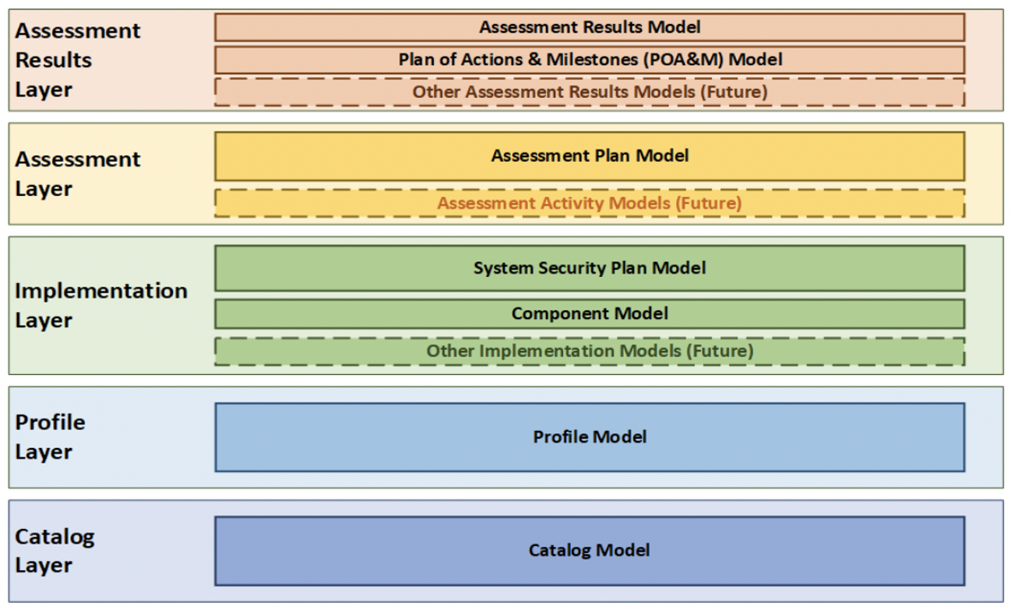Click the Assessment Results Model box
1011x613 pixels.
(590, 27)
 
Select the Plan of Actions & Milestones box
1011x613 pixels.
(590, 59)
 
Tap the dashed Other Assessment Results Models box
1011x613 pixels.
(590, 92)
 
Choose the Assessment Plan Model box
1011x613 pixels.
(590, 156)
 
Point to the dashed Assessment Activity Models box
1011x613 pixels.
(590, 203)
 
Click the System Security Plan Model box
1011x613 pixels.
(590, 268)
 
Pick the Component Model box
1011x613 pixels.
(590, 314)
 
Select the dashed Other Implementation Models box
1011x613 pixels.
(590, 351)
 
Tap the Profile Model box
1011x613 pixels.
(590, 437)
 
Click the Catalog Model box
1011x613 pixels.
(590, 551)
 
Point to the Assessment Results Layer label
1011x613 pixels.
(77, 60)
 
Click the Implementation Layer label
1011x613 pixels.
(100, 305)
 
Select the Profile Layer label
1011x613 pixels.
(50, 437)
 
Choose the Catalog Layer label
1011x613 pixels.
(55, 551)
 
